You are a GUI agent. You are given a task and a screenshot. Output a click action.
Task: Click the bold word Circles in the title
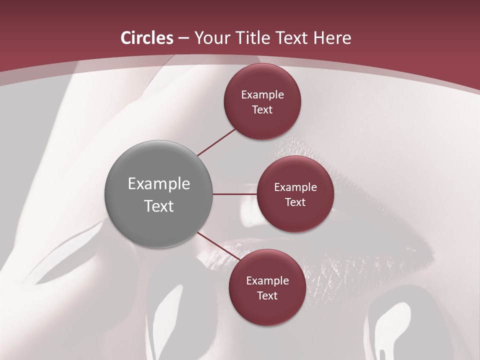(x=147, y=38)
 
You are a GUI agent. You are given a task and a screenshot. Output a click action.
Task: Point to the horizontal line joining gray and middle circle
(x=235, y=194)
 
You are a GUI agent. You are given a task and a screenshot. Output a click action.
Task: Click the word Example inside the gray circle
(x=159, y=184)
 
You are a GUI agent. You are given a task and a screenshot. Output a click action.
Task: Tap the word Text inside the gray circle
(x=159, y=206)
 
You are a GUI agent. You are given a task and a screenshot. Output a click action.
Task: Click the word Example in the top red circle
(x=262, y=95)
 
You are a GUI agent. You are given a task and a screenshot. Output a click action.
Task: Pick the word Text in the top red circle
(x=262, y=110)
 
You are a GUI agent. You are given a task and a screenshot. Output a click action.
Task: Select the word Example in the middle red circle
(x=295, y=187)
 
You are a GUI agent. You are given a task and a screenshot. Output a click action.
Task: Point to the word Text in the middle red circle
(x=295, y=202)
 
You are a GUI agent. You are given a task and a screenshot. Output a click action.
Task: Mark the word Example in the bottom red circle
(x=267, y=281)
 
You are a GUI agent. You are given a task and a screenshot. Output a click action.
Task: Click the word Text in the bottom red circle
(x=267, y=296)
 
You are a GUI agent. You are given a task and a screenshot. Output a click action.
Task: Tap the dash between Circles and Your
(x=184, y=38)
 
